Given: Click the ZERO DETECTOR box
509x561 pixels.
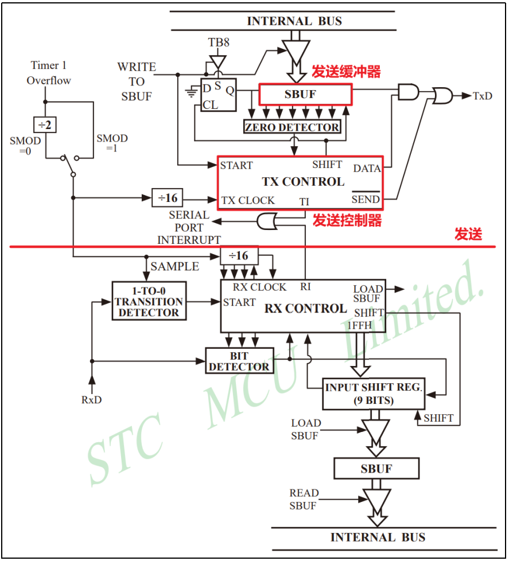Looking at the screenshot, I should tap(293, 127).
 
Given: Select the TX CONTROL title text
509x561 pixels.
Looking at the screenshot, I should tap(303, 182).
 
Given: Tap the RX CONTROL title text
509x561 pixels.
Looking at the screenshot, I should tap(305, 309).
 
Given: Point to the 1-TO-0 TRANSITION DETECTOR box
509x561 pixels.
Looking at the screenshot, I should tap(149, 301).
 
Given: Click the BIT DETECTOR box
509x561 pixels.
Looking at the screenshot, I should tap(239, 361).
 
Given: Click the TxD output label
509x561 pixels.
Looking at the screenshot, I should tap(482, 96).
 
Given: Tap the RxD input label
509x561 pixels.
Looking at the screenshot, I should tap(91, 399).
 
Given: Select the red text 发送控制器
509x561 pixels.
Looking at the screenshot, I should tap(347, 220).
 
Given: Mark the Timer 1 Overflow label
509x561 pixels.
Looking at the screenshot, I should tap(49, 73).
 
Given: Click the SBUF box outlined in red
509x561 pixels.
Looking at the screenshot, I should tap(305, 95).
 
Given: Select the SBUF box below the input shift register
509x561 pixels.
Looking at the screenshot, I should tap(376, 469).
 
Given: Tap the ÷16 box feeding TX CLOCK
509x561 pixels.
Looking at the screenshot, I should tap(168, 198).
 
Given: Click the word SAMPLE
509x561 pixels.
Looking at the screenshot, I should tap(174, 267).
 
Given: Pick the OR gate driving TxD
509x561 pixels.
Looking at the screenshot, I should tap(442, 96).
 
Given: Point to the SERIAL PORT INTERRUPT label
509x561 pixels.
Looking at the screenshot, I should tap(189, 227).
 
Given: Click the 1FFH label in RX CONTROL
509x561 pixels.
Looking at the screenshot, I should tap(360, 325).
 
